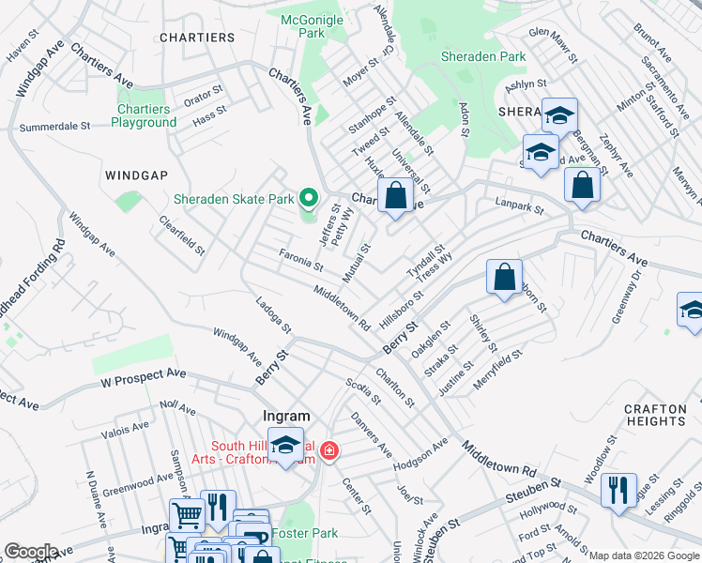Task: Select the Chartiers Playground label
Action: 145,115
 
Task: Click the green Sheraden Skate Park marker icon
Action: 308,198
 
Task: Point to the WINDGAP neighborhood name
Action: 137,175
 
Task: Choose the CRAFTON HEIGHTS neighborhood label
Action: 662,415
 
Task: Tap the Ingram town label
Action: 286,416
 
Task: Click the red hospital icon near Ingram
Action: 328,451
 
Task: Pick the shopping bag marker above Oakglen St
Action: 504,277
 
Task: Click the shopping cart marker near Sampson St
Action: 187,515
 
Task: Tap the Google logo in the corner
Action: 30,552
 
